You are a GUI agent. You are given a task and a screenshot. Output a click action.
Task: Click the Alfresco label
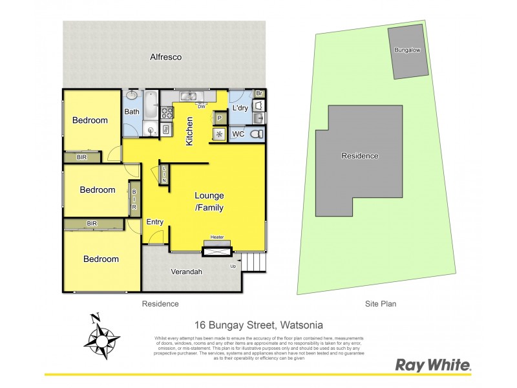coord(166,57)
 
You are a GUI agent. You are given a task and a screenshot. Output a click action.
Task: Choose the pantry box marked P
coord(219,118)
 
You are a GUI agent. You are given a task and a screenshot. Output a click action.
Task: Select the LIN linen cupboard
coord(164,173)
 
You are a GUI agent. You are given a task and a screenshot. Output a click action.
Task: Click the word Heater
coord(216,237)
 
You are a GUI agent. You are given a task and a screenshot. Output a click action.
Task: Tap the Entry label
coord(155,222)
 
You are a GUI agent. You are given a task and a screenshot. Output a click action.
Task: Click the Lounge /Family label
coord(209,201)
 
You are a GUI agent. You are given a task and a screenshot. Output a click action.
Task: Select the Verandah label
coord(186,272)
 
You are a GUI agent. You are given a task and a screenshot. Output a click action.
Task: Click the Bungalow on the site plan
coord(408,52)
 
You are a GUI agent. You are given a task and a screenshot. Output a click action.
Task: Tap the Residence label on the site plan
coord(360,156)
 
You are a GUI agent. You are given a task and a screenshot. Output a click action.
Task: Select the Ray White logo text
coord(432,365)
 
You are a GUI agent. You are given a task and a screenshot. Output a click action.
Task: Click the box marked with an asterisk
coord(219,135)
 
